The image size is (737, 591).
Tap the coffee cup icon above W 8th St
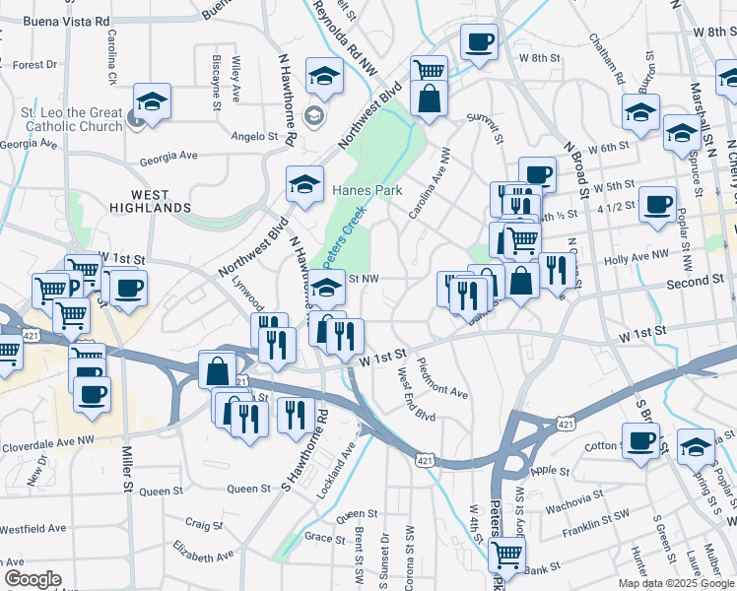(479, 42)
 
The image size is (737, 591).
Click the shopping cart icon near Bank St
(506, 556)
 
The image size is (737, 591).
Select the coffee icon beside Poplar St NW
(657, 206)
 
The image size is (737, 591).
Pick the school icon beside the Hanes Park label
(305, 183)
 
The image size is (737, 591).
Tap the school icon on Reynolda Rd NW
(324, 75)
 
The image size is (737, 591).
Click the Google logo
(33, 579)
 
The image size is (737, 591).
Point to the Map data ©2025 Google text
(676, 583)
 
